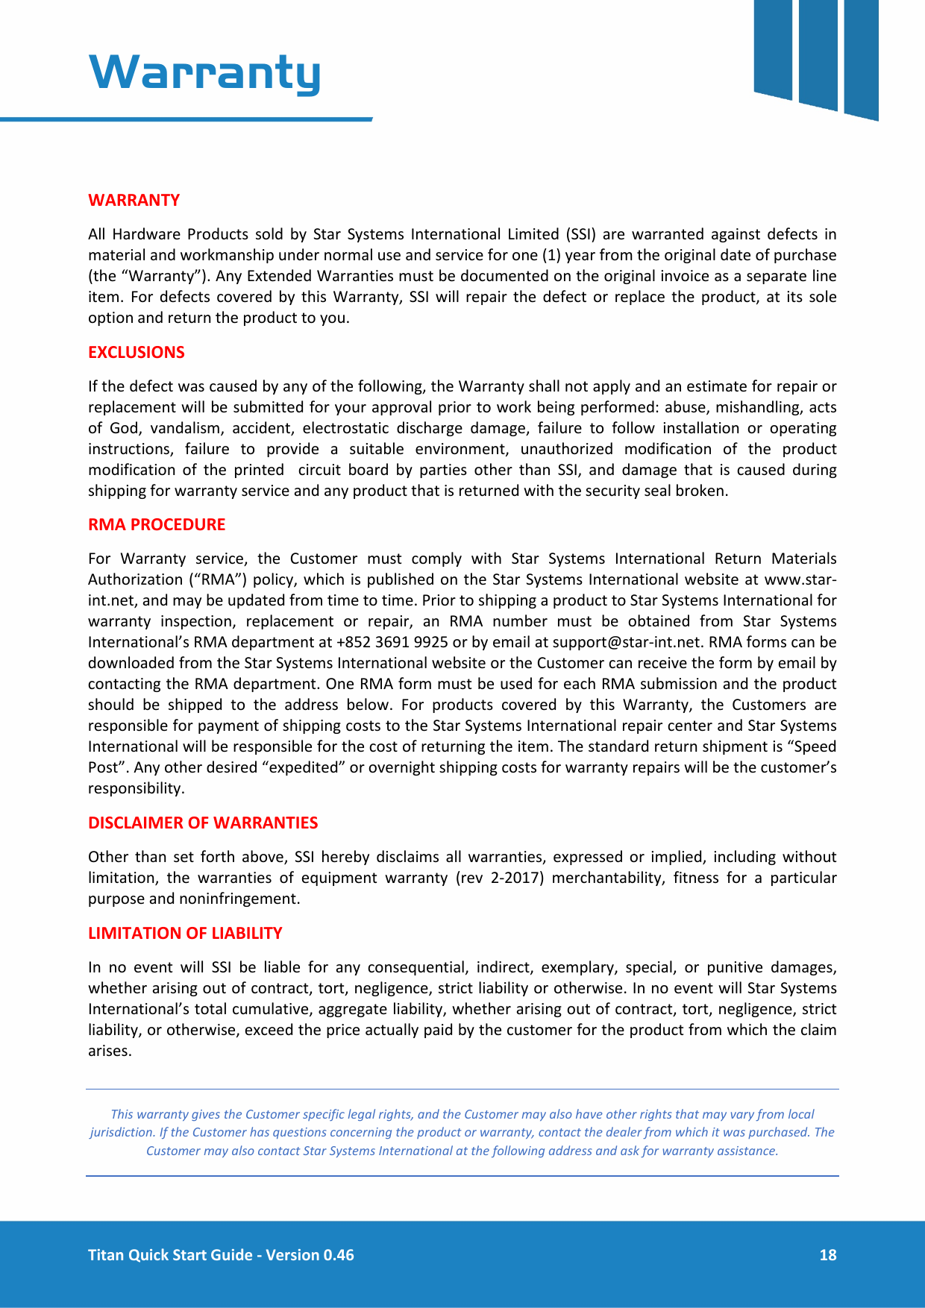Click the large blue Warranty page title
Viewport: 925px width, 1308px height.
[x=204, y=72]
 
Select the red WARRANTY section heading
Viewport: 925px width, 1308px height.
[x=134, y=200]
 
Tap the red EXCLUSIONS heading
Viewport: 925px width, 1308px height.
[x=136, y=352]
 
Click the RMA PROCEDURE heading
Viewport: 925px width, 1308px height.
[x=156, y=524]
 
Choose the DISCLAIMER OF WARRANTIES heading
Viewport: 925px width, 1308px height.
[x=202, y=823]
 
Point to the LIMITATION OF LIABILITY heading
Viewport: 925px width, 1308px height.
[x=185, y=933]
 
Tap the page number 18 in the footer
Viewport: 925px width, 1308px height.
[x=827, y=1254]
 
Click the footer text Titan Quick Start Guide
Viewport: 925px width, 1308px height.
[x=170, y=1254]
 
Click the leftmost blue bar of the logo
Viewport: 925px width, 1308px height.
[x=773, y=48]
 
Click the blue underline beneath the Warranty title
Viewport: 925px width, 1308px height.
[x=186, y=119]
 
